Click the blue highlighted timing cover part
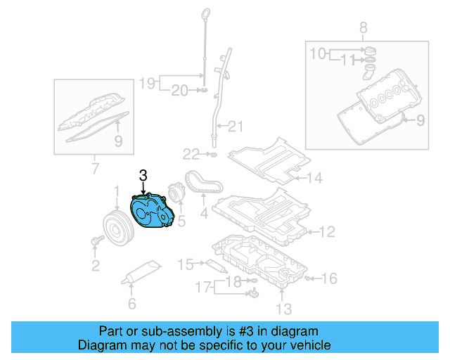tap(150, 212)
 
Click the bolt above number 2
tap(96, 241)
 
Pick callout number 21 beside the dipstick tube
tap(235, 127)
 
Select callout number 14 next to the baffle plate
tap(314, 179)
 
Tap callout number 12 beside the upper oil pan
tap(327, 231)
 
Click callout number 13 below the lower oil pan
tap(283, 308)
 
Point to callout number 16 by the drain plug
tap(330, 278)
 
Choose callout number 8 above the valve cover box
tap(363, 28)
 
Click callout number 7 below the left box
tap(95, 168)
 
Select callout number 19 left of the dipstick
tap(146, 84)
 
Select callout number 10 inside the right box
tap(319, 53)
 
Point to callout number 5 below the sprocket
tap(181, 221)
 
